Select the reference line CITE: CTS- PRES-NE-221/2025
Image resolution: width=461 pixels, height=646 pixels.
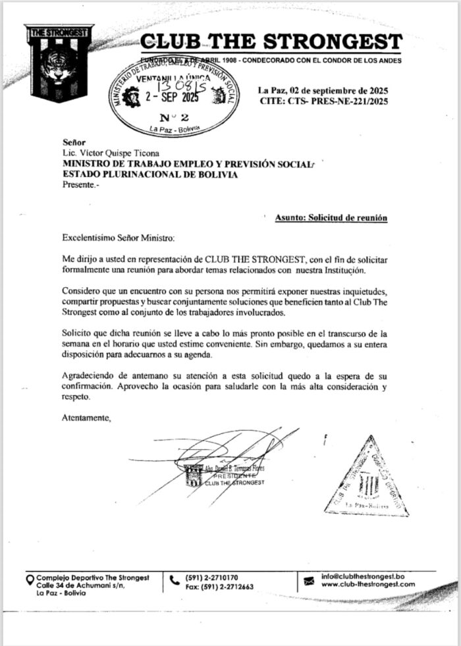(323, 101)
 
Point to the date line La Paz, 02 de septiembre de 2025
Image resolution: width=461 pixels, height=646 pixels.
(323, 90)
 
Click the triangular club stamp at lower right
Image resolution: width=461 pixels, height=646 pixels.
(367, 479)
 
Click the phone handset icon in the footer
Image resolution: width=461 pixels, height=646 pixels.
(174, 580)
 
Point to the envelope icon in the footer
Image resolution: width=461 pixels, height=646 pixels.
(309, 581)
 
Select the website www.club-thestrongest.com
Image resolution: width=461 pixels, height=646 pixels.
(368, 584)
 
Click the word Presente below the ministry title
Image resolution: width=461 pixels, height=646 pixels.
(80, 186)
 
